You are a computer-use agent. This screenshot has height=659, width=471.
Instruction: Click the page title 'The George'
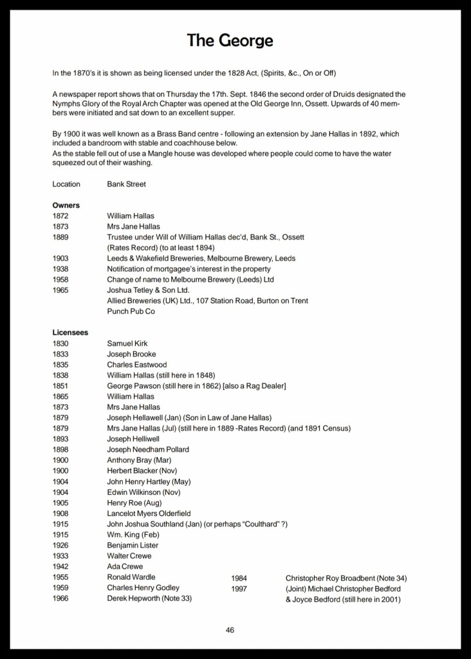tap(230, 41)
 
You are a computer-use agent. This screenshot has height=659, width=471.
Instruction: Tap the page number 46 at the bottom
tap(230, 629)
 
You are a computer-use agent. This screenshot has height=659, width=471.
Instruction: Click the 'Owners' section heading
tap(66, 205)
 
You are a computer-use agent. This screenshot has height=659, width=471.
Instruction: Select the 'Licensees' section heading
tap(70, 333)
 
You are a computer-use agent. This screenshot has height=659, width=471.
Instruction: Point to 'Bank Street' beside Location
tap(126, 184)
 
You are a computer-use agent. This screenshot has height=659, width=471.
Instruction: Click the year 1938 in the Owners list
tap(60, 269)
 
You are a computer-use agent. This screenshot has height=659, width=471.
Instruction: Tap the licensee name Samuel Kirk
tap(127, 344)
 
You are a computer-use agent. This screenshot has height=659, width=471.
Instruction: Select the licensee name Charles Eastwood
tap(137, 365)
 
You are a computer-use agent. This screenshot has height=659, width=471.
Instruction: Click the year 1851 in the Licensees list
tap(60, 385)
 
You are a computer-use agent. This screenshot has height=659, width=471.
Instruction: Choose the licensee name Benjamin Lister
tap(133, 545)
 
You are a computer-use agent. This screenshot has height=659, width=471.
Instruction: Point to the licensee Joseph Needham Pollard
tap(147, 449)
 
